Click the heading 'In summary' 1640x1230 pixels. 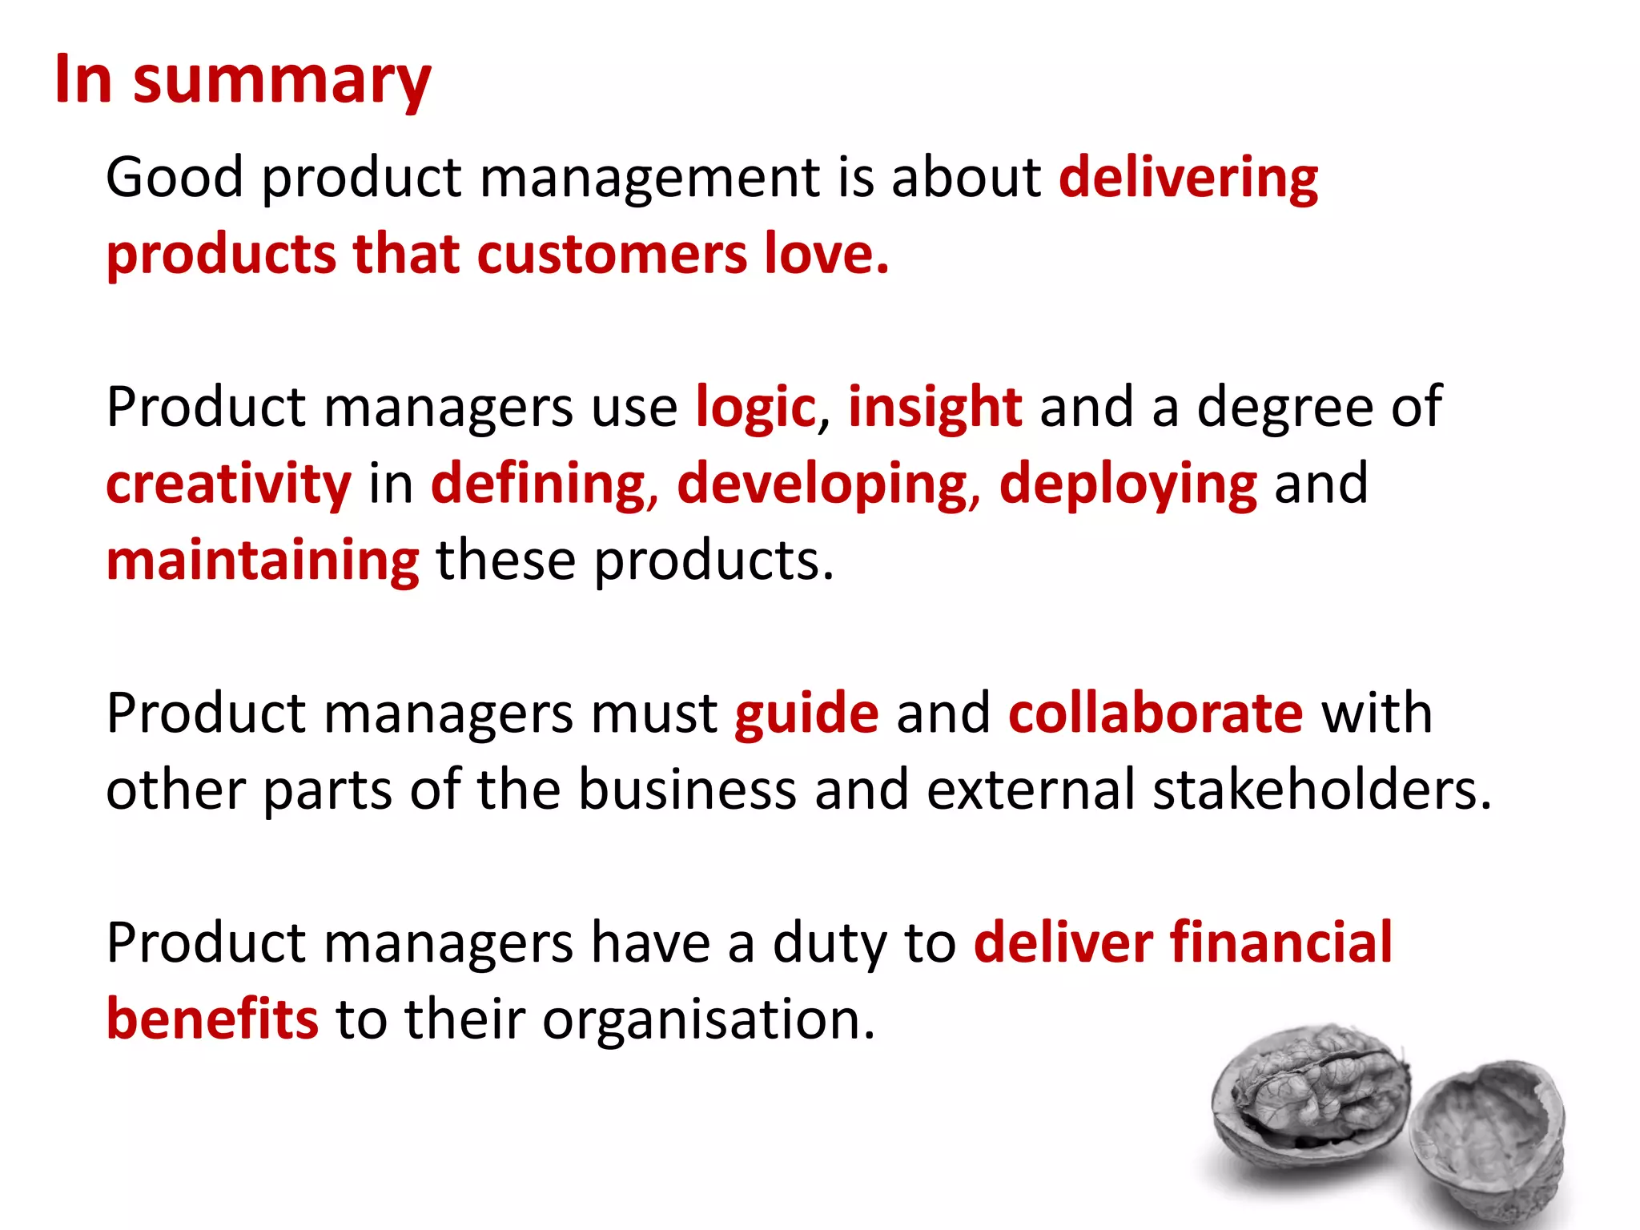[x=243, y=80]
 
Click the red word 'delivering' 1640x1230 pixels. [x=1188, y=178]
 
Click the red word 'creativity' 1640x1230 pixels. [x=228, y=484]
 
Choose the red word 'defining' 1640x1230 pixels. [x=538, y=484]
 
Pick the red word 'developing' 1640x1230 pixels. [x=822, y=484]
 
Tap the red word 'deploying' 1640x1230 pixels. [x=1128, y=484]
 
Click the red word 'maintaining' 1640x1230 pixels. [x=263, y=561]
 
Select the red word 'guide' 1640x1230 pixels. [x=806, y=713]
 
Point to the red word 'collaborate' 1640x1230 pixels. [x=1156, y=713]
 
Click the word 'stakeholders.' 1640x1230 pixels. [x=1322, y=790]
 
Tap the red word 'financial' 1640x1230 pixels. [x=1281, y=943]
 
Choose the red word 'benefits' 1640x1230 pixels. [x=212, y=1019]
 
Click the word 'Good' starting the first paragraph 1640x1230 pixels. [x=175, y=178]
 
